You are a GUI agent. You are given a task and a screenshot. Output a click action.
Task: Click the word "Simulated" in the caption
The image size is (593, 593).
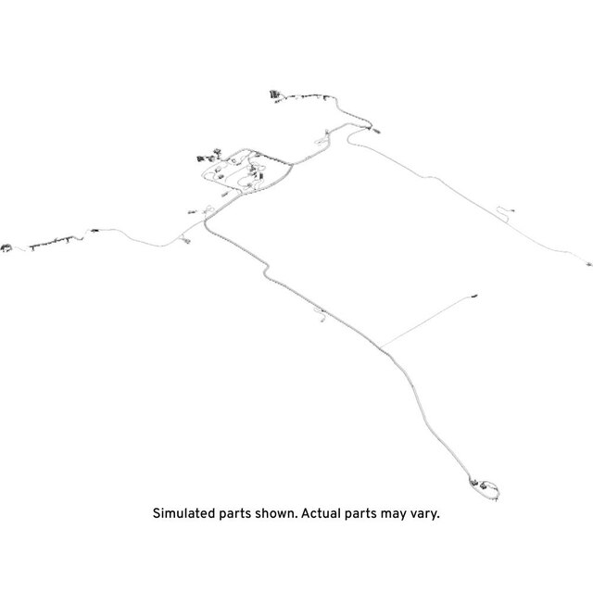click(183, 513)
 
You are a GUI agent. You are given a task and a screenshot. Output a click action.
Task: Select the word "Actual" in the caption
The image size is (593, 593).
click(321, 513)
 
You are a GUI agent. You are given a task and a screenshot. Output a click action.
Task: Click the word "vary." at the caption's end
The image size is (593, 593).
click(425, 515)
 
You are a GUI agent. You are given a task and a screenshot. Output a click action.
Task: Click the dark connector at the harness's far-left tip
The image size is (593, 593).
click(6, 248)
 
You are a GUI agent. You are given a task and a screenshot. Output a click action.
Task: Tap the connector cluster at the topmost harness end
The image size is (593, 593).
click(274, 95)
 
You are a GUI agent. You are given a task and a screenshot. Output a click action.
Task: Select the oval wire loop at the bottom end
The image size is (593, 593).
click(488, 489)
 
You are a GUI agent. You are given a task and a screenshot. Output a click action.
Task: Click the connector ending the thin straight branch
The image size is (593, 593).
click(474, 296)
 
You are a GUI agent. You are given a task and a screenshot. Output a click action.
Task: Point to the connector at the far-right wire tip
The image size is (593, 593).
click(588, 264)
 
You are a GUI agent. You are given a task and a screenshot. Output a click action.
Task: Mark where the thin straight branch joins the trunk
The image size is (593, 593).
click(381, 347)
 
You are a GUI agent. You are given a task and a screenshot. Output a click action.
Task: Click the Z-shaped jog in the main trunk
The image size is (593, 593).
click(266, 271)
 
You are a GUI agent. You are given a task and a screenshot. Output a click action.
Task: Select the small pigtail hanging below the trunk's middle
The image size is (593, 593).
click(320, 314)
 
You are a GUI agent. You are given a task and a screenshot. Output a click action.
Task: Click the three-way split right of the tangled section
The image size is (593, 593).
click(291, 165)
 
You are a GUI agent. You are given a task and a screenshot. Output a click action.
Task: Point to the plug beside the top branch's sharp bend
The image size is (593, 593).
click(376, 131)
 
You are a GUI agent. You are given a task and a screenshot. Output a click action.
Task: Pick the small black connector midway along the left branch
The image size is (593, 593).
click(95, 230)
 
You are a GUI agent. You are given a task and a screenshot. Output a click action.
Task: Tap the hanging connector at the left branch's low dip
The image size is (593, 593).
click(185, 240)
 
